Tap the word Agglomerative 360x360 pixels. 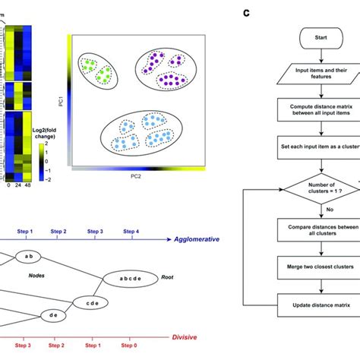click(x=193, y=238)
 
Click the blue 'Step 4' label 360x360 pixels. click(x=132, y=230)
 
